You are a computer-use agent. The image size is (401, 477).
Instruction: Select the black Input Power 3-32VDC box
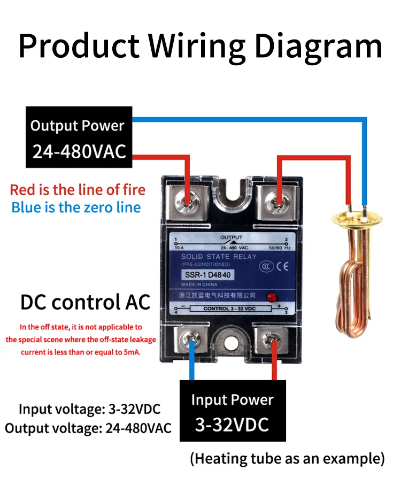click(x=232, y=411)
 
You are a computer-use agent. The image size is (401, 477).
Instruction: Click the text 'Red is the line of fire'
click(x=78, y=190)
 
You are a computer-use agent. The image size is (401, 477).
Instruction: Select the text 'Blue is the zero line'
click(x=76, y=207)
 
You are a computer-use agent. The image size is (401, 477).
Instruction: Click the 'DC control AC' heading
click(x=86, y=303)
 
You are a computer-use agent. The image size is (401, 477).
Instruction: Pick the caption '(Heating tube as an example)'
click(x=287, y=459)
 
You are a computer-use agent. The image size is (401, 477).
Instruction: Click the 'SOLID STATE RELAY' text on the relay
click(x=219, y=257)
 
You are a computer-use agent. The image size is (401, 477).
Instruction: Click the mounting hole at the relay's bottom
click(x=233, y=342)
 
